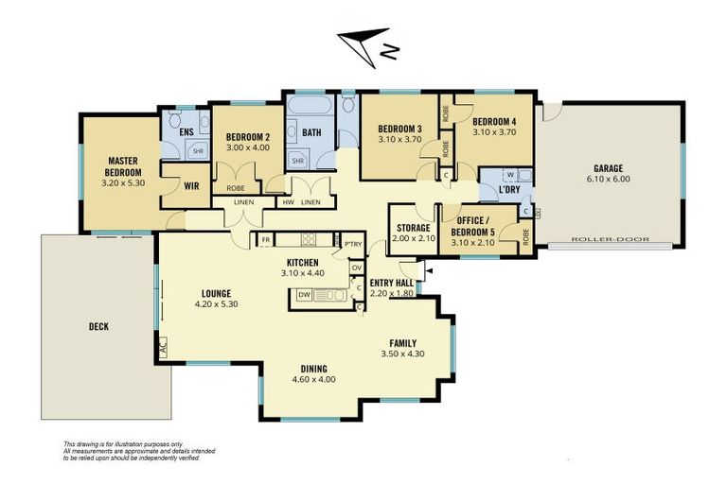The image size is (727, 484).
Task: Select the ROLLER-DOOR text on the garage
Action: click(611, 240)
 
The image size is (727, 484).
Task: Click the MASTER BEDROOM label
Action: click(124, 166)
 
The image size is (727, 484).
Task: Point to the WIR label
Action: click(189, 186)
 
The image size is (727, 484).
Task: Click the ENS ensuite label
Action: click(186, 130)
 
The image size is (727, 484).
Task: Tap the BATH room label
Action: click(311, 133)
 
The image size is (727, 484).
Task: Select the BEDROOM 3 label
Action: click(399, 130)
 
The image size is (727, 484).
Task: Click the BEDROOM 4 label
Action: click(494, 122)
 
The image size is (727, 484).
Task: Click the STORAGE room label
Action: click(413, 228)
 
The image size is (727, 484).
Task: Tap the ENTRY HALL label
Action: click(390, 283)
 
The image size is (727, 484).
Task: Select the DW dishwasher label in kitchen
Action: click(304, 295)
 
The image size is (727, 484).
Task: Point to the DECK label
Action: click(98, 327)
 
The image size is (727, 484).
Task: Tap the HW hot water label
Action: click(288, 202)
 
